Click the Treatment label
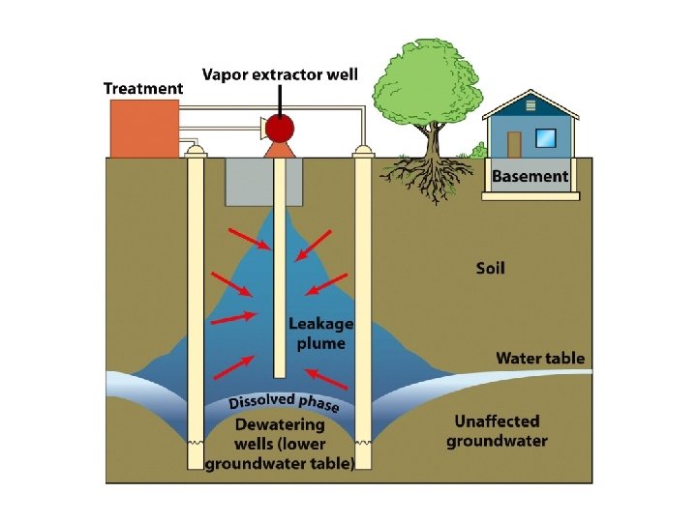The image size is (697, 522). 143,88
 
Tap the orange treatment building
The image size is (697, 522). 144,128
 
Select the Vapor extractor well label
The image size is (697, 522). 280,74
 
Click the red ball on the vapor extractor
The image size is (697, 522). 280,129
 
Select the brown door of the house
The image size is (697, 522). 514,145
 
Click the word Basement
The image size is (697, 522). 530,176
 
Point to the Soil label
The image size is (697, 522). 490,267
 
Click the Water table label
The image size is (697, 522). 540,358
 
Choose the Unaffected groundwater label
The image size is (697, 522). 497,431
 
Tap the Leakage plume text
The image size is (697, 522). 320,333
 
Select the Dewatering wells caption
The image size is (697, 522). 280,444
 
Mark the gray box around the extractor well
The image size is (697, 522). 247,183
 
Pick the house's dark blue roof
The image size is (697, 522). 531,104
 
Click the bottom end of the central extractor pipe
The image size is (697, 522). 280,372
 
